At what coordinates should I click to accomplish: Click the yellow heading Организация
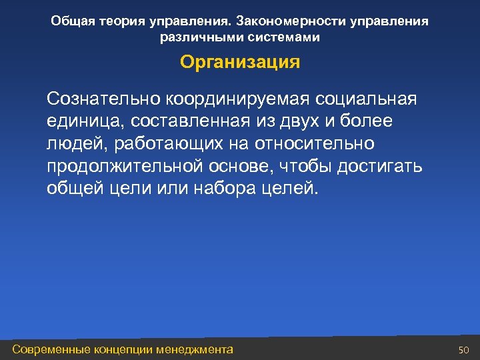[x=240, y=63]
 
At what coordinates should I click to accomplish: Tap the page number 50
[x=465, y=350]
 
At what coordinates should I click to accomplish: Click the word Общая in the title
[x=73, y=21]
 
